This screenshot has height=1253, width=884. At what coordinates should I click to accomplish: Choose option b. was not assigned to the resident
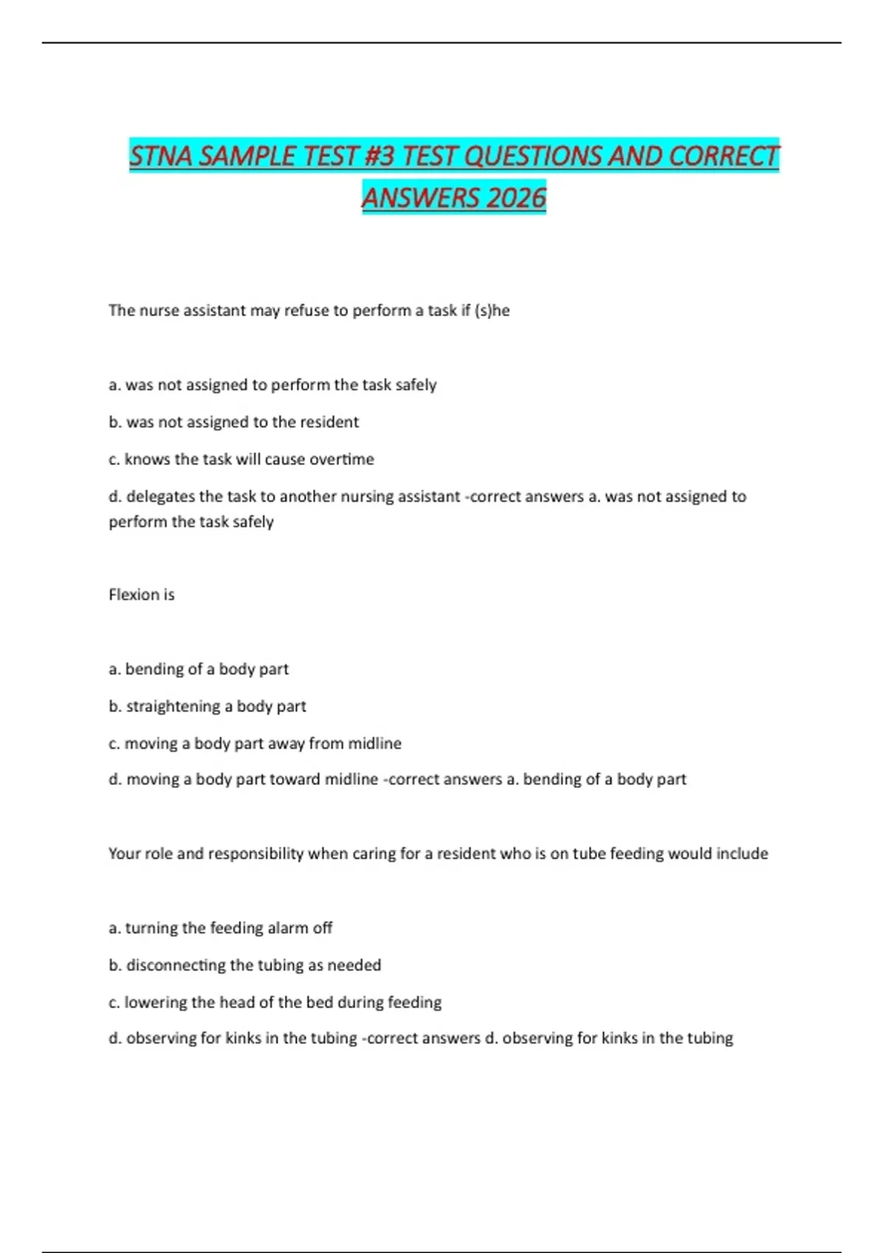click(x=234, y=422)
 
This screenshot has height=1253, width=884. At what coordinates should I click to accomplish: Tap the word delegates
click(x=163, y=496)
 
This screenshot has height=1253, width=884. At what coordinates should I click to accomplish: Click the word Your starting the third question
click(x=124, y=854)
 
